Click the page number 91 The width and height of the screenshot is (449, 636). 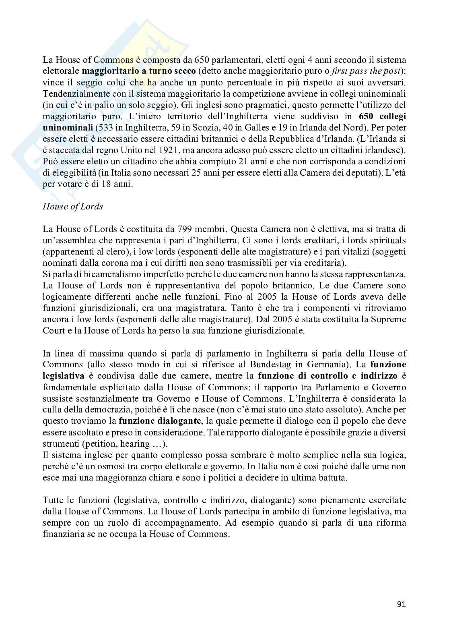coord(401,604)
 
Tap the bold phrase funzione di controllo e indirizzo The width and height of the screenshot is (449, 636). coord(327,376)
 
